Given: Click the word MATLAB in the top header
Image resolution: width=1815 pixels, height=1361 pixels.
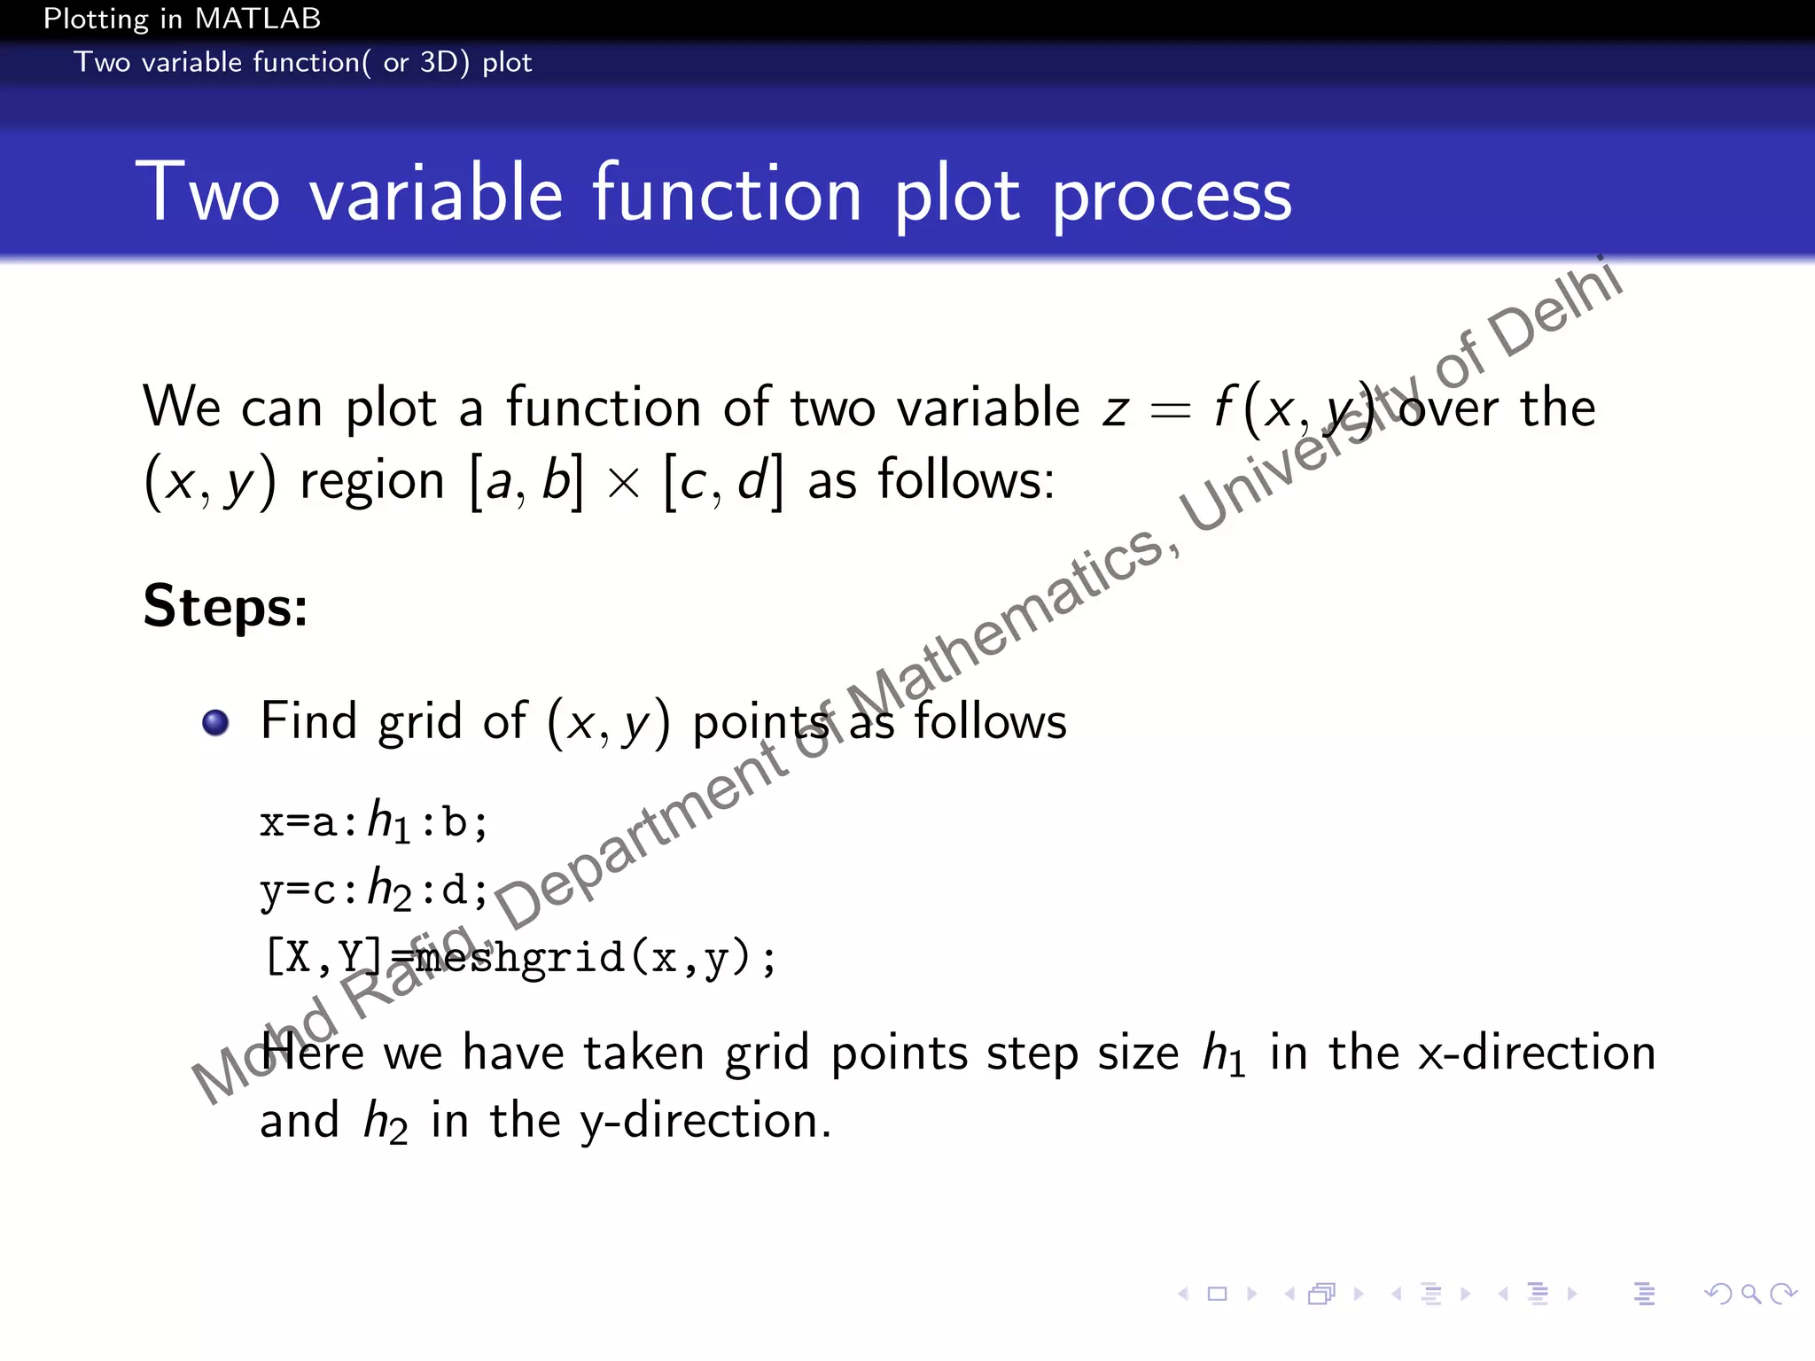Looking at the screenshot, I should pos(259,19).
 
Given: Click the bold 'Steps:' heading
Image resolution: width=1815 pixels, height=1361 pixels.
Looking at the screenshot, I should pos(226,607).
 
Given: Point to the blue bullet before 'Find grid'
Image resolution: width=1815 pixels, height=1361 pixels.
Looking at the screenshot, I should pos(215,723).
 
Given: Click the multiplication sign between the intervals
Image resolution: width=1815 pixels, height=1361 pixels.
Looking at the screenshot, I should pos(624,484).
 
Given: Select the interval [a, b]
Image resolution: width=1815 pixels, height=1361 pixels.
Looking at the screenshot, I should pos(526,482).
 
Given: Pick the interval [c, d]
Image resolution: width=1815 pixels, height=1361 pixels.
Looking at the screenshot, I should pos(724,482).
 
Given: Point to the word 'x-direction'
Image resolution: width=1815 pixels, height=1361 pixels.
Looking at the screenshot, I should pos(1537,1053).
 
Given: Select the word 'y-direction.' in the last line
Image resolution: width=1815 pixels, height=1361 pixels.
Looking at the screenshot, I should pos(705,1121).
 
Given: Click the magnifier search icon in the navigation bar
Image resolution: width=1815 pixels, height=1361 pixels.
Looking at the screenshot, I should pos(1750,1295).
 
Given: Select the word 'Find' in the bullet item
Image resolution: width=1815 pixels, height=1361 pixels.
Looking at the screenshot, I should pos(308,720).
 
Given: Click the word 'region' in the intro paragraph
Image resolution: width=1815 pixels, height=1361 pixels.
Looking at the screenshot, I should pos(372,482).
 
